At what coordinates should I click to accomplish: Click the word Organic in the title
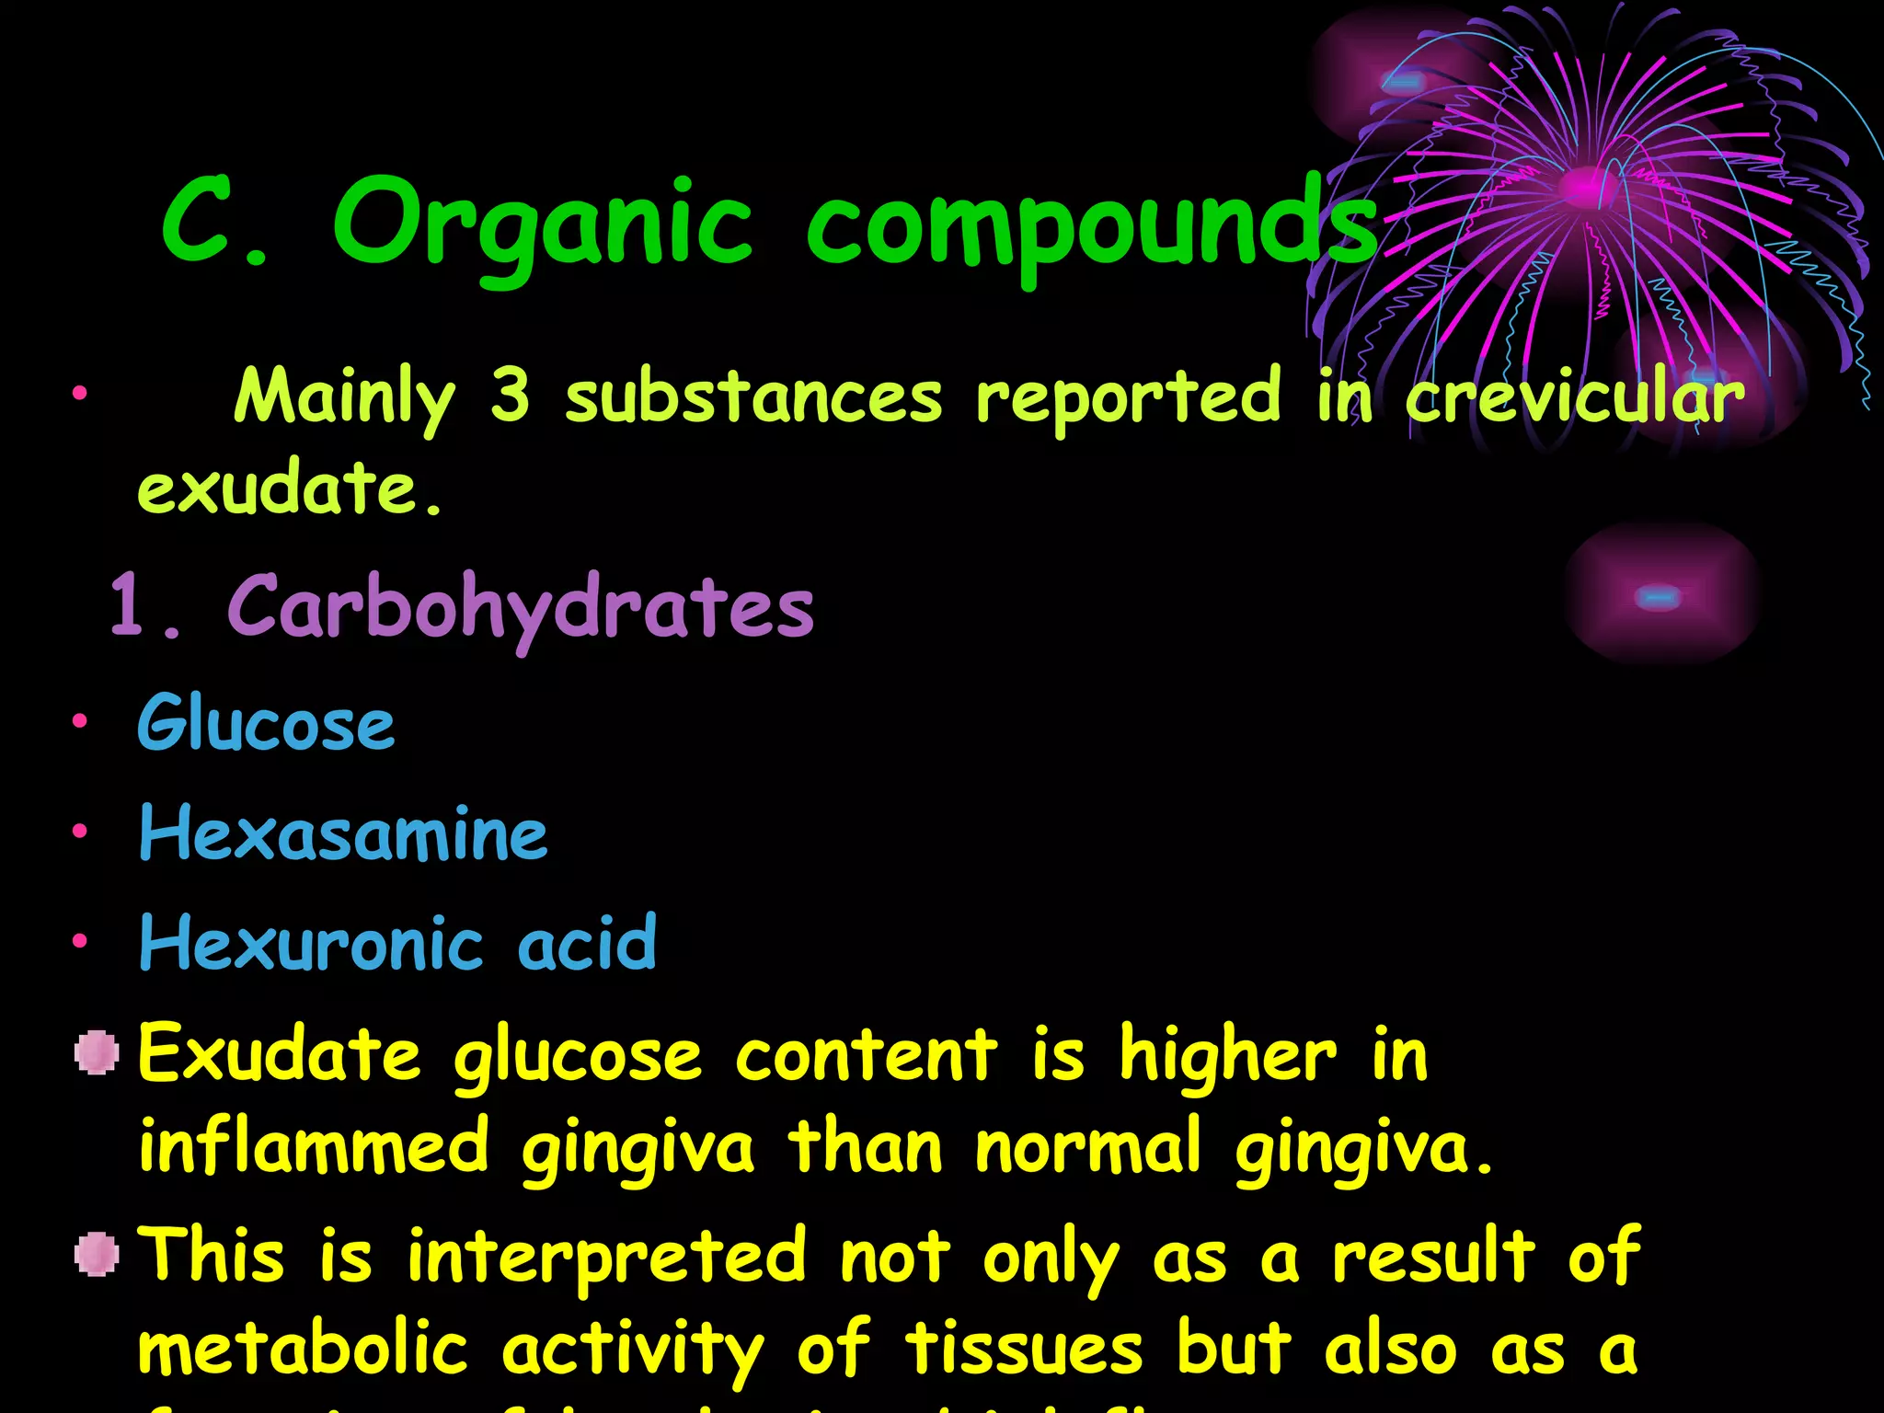pos(543,225)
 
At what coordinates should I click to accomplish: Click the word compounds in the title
pos(1090,225)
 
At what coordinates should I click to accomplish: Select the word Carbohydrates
pos(521,607)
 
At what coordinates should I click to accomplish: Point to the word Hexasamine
pos(343,833)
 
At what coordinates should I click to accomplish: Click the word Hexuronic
pos(311,944)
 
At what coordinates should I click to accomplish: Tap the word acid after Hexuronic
pos(587,944)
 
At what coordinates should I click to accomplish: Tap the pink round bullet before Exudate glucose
pos(97,1052)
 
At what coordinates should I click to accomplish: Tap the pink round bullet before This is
pos(97,1255)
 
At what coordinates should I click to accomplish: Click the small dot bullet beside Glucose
pos(81,721)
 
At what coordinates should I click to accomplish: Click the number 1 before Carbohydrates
pos(129,605)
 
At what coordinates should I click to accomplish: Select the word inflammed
pos(313,1146)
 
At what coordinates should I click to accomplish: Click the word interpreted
pos(607,1257)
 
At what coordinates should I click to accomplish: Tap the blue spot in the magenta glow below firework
pos(1658,598)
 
